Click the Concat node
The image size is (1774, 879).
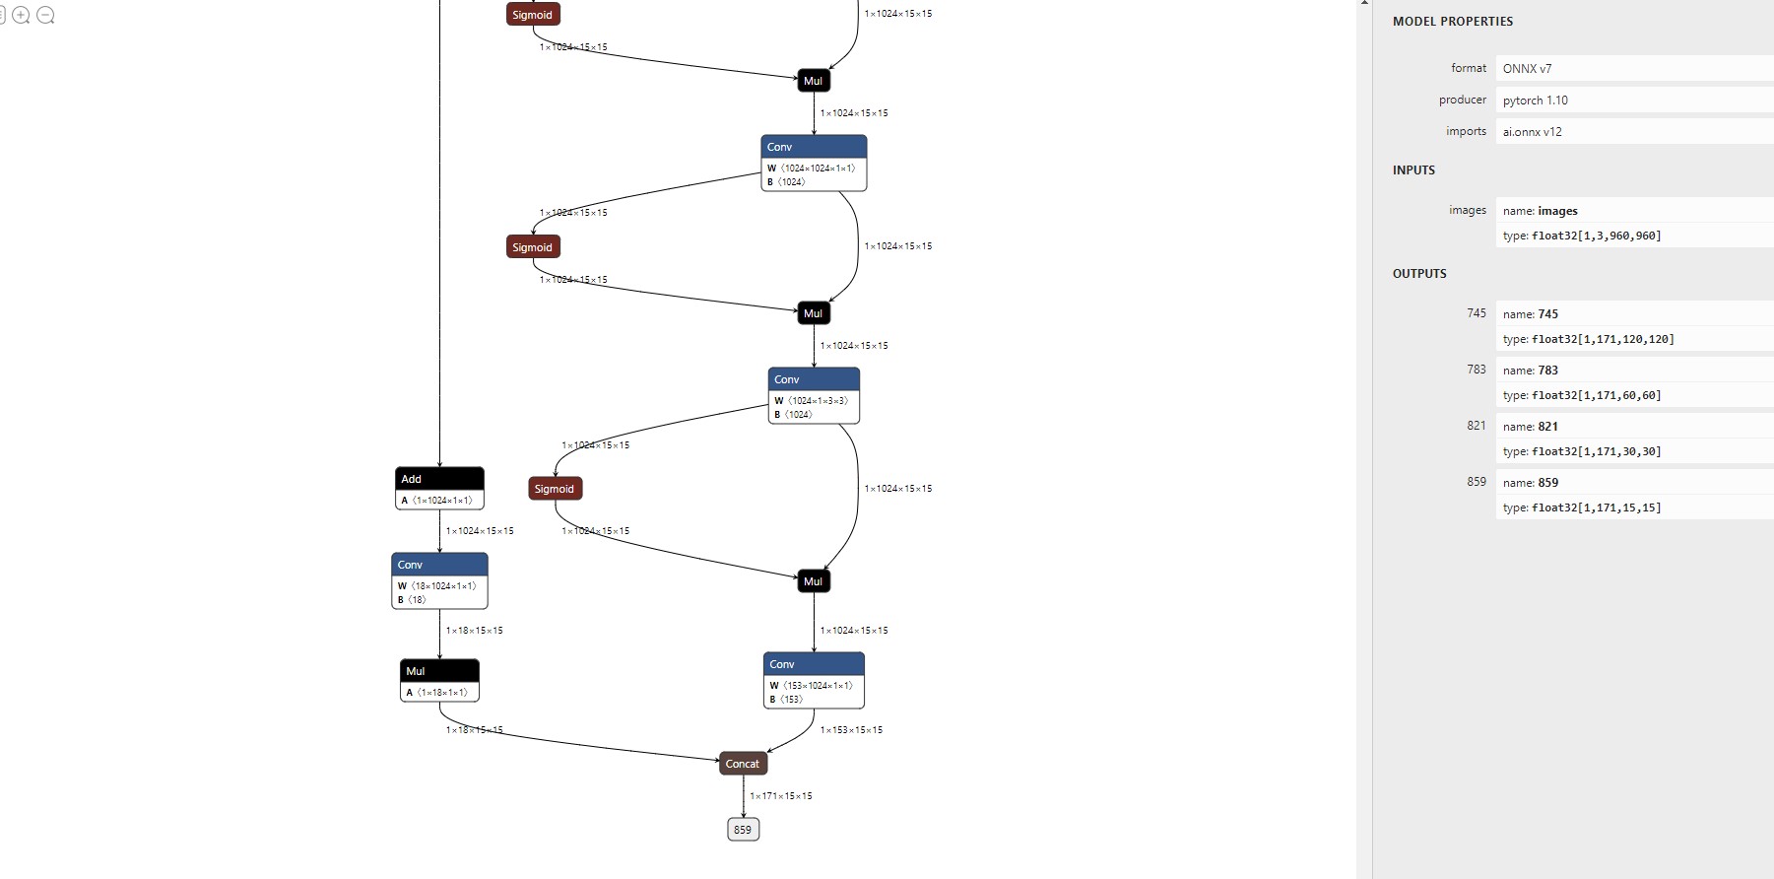tap(743, 764)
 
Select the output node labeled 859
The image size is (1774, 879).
tap(743, 830)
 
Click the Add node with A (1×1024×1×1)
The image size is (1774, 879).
tap(439, 488)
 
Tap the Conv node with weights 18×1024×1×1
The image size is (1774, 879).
tap(439, 580)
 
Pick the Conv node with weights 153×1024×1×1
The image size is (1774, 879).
tap(814, 680)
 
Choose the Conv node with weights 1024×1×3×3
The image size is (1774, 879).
tap(814, 395)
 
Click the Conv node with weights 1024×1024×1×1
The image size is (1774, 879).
tap(814, 163)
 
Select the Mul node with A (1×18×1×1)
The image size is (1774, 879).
tap(439, 680)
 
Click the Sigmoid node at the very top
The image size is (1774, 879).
tap(533, 15)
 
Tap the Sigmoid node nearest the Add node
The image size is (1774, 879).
tap(555, 489)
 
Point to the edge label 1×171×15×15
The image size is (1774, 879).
tap(781, 796)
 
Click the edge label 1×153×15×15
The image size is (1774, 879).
tap(851, 730)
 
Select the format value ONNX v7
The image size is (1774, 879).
tap(1527, 69)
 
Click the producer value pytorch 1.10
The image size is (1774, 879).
tap(1535, 101)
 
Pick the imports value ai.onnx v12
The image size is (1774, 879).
tap(1532, 132)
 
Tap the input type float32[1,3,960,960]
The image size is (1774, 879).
tap(1596, 237)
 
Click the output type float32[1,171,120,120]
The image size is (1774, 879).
tap(1603, 339)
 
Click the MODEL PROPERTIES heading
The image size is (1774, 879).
tap(1452, 22)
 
